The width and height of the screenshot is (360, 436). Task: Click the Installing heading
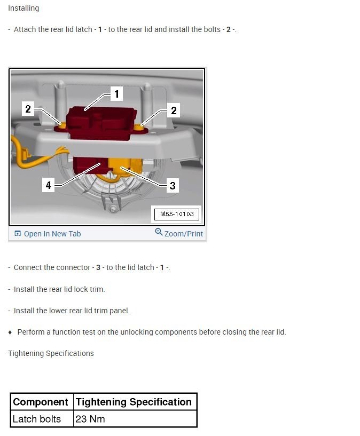24,9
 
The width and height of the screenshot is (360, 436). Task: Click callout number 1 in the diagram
116,94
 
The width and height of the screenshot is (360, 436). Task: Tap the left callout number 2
28,110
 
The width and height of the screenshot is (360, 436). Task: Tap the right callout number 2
174,111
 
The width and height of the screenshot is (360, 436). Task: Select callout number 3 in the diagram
173,186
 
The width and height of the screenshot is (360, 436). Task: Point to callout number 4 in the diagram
49,186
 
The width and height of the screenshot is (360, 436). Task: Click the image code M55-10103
176,215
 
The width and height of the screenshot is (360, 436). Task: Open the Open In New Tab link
52,234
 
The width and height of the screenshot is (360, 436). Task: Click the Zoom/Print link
184,234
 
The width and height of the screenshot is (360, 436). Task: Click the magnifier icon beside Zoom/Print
159,232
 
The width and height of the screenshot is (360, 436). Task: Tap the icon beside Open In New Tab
18,234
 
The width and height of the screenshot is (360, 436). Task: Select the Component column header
41,402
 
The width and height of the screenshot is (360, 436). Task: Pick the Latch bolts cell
36,419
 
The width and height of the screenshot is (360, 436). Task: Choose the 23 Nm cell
90,419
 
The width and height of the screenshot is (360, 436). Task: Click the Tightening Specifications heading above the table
51,353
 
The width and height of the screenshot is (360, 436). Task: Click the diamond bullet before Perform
10,332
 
